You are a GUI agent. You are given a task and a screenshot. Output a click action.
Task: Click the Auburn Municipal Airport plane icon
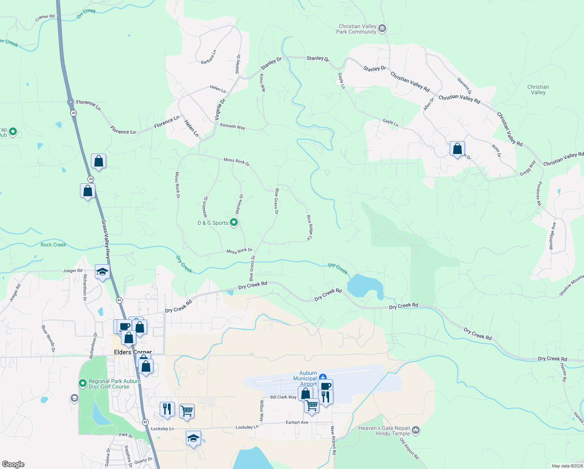[x=322, y=377]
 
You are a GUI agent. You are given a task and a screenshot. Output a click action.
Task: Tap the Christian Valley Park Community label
[x=357, y=29]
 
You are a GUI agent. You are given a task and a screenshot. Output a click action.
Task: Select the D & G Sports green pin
[x=234, y=223]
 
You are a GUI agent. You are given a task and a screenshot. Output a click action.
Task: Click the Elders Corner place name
[x=133, y=352]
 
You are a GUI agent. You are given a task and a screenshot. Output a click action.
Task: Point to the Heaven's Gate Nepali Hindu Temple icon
[x=416, y=431]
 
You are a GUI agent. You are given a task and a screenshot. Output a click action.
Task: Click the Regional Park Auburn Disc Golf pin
[x=82, y=383]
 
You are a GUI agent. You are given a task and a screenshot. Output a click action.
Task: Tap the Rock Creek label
[x=53, y=245]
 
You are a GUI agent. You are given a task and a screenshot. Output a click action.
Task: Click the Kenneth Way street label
[x=233, y=126]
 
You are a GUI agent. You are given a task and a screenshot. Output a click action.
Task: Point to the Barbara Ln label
[x=208, y=57]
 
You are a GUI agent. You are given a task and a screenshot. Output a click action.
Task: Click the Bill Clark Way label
[x=283, y=397]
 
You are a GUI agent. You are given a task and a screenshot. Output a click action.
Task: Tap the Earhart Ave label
[x=297, y=422]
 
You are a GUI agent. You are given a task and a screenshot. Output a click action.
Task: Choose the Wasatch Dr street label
[x=205, y=207]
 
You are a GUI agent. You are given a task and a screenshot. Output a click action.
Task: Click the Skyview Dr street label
[x=239, y=204]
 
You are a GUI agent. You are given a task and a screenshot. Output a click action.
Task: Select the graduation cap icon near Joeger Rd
[x=102, y=272]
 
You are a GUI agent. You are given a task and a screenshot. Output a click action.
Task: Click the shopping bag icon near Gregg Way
[x=457, y=149]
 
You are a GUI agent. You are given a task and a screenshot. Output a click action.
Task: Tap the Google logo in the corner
[x=13, y=464]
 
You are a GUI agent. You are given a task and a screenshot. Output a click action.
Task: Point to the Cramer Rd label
[x=45, y=18]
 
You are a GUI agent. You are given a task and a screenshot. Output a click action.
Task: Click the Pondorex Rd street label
[x=539, y=193]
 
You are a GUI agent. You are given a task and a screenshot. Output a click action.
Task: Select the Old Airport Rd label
[x=409, y=448]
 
